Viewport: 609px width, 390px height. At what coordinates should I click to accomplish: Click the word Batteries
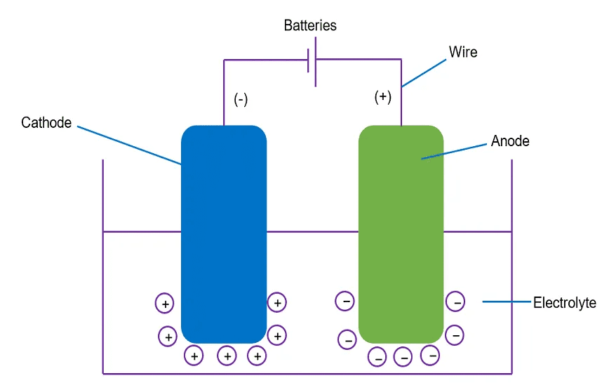(x=310, y=26)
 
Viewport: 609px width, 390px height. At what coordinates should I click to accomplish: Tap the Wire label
(x=463, y=52)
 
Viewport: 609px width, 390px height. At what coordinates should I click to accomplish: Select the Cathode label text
(x=46, y=123)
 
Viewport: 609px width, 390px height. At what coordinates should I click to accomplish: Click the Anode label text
(x=510, y=141)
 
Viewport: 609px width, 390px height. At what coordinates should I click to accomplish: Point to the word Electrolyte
(x=565, y=304)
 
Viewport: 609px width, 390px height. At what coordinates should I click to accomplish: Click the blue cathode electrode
(x=224, y=232)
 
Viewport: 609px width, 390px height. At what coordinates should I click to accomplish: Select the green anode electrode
(x=401, y=232)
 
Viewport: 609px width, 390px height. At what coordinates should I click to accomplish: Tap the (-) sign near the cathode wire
(x=241, y=100)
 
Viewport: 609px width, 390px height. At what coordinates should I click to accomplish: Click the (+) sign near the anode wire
(x=383, y=97)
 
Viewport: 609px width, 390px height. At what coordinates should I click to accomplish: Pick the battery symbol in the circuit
(x=312, y=62)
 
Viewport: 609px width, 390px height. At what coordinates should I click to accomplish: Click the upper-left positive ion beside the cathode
(x=164, y=304)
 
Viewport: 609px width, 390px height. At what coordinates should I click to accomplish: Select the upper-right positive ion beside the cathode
(x=278, y=303)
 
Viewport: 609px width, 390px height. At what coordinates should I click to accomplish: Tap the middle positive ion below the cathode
(x=227, y=357)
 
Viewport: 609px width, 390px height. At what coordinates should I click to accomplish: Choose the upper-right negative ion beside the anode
(x=455, y=302)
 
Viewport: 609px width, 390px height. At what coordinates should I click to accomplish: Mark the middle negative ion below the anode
(x=403, y=357)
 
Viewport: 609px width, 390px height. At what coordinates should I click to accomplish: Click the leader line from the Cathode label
(x=130, y=145)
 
